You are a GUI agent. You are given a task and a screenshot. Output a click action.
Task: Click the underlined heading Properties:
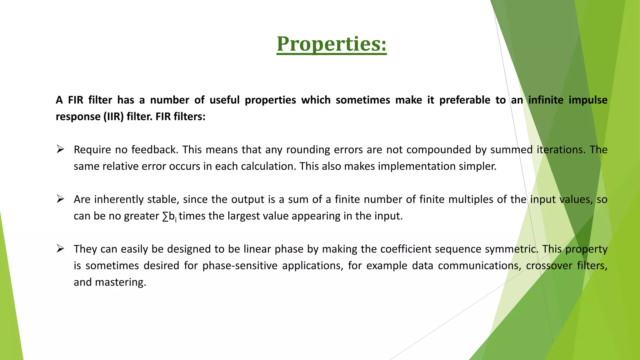click(332, 44)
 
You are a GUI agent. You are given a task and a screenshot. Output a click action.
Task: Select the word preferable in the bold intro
click(465, 100)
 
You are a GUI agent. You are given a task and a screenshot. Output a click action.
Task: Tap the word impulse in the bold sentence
click(588, 100)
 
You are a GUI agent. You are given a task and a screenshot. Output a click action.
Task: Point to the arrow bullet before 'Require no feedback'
click(60, 149)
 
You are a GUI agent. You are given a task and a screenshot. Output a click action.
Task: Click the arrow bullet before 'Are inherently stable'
click(60, 199)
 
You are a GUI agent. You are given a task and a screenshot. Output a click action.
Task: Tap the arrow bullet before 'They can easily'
click(60, 249)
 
